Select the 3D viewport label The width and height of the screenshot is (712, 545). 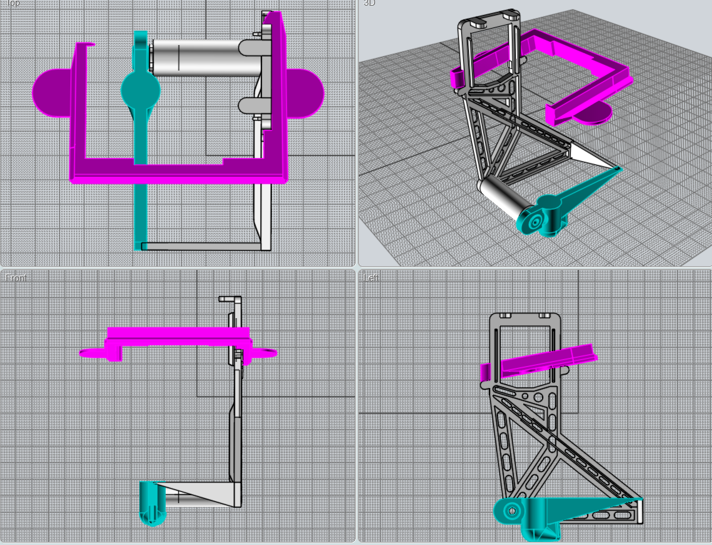369,3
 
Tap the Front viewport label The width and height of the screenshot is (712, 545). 15,277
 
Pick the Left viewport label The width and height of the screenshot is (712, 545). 371,277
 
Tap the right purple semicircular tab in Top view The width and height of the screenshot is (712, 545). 306,92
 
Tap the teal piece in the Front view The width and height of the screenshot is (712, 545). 152,502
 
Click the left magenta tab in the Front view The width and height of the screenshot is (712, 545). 94,354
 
